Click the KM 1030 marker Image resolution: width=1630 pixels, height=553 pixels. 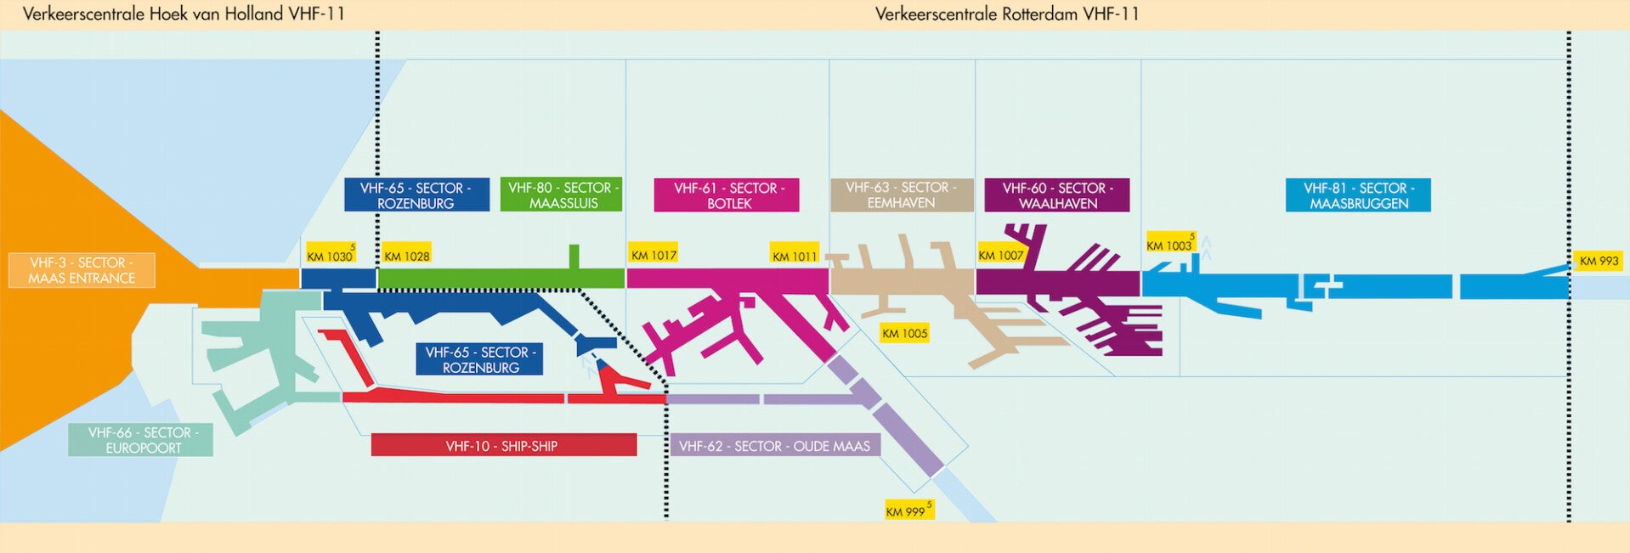point(330,255)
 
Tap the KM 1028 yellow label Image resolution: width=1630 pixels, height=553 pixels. point(406,255)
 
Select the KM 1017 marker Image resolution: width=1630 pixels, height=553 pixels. point(654,254)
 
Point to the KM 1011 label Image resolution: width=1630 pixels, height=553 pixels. point(794,255)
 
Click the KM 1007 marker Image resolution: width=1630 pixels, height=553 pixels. point(1000,254)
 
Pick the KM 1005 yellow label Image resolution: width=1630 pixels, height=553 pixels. point(904,333)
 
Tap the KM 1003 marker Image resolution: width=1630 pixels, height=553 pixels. point(1170,245)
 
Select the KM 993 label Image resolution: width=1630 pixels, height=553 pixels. point(1599,260)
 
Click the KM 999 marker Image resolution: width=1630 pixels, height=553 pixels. point(908,511)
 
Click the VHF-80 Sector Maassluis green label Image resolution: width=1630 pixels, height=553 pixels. point(562,195)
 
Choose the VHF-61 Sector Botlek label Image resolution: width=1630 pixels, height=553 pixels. point(727,195)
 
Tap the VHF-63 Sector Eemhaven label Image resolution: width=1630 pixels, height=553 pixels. point(901,195)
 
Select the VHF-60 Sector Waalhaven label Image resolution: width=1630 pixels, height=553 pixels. point(1056,195)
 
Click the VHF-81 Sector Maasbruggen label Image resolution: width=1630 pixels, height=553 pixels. point(1357,195)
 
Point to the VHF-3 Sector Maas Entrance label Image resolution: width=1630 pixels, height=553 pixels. point(82,270)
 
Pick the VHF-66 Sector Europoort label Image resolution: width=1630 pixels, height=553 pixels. point(141,440)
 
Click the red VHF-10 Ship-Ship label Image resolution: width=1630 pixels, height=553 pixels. point(503,445)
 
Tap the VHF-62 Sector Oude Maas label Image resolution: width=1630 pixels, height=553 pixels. point(774,445)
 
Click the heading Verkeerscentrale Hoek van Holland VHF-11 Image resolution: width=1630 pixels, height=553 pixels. point(184,14)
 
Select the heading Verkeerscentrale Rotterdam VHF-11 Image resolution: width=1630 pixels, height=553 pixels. point(1007,14)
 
